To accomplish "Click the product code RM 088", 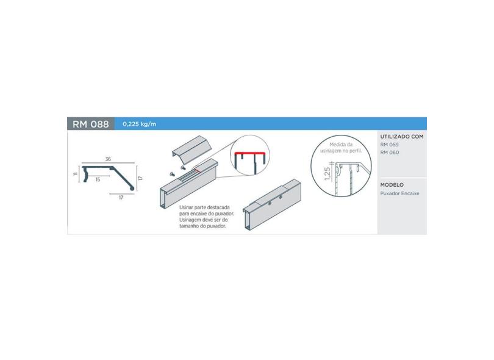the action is point(91,124).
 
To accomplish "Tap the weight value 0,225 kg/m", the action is point(139,124).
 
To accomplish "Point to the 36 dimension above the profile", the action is point(108,159).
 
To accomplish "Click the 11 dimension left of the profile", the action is point(75,174).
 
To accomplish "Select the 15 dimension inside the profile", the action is point(98,179).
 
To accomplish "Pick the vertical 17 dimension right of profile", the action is point(140,178).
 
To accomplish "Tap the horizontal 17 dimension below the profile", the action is point(121,198).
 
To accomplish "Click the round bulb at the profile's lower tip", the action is point(132,188).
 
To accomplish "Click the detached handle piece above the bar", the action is point(192,149).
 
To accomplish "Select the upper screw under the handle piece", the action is point(183,167).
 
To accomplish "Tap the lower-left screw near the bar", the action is point(173,174).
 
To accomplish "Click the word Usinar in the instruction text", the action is point(186,207).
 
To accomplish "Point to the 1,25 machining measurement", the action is point(328,174).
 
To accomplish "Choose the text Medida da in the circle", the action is point(341,145).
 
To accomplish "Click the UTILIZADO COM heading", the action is point(402,137).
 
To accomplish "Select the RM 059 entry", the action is point(389,145).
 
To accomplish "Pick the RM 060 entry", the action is point(389,153).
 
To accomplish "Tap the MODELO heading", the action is point(392,185).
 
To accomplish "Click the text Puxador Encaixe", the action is point(400,193).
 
